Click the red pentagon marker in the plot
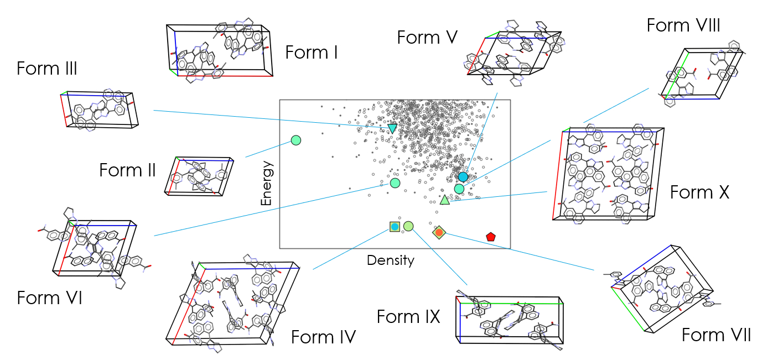(490, 237)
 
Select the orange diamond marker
(439, 233)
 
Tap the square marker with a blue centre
(395, 226)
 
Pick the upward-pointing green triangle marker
(445, 200)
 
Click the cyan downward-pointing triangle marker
(392, 128)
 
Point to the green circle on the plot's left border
(295, 140)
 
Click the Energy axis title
(267, 184)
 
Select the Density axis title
(391, 260)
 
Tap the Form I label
(312, 53)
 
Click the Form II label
(128, 170)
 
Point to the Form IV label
(323, 336)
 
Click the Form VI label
(50, 298)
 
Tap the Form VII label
(716, 335)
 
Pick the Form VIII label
(683, 25)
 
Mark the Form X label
(699, 192)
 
